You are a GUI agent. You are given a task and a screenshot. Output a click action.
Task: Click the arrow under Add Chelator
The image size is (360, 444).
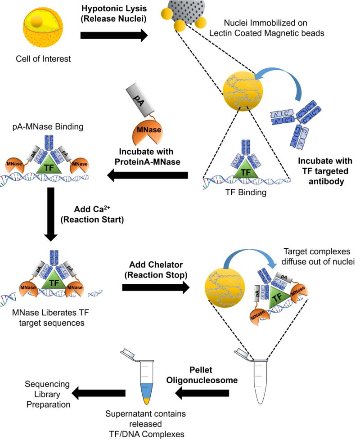[155, 288]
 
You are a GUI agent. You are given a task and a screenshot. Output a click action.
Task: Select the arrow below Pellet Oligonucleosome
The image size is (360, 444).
[202, 394]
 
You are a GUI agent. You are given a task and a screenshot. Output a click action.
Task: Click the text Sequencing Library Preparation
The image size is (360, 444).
[47, 394]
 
